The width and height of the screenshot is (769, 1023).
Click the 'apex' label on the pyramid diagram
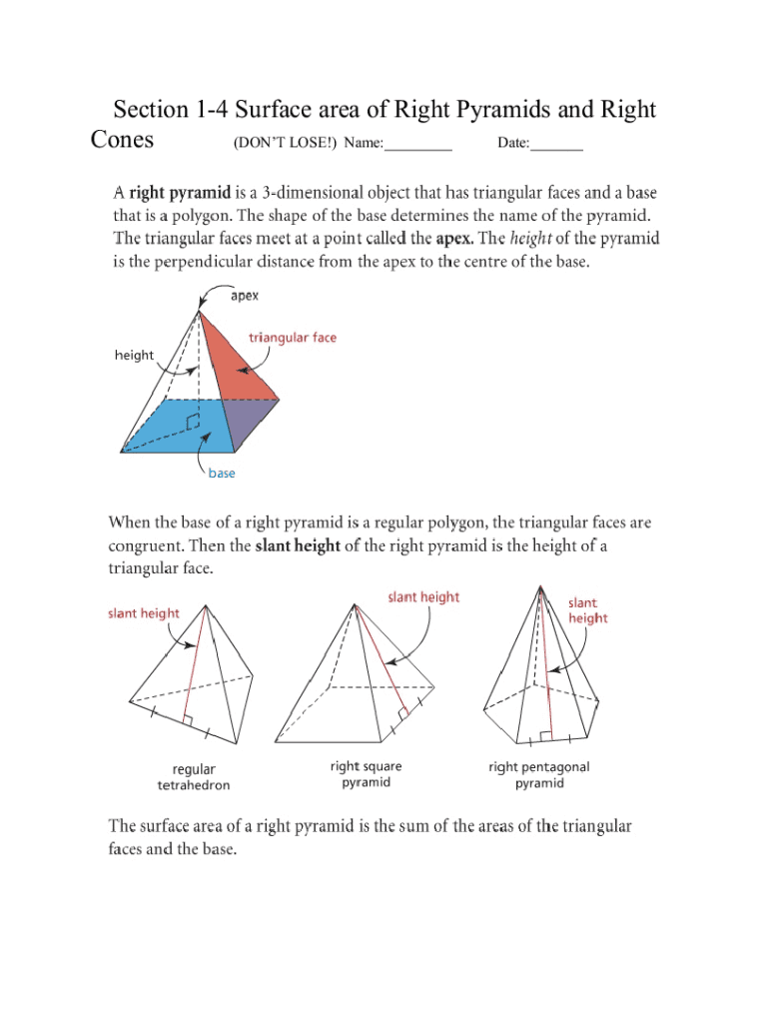[245, 296]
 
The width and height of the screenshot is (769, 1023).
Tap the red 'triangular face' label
[293, 338]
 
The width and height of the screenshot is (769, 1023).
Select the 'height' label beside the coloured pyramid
[134, 355]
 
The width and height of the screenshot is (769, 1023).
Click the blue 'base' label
[222, 473]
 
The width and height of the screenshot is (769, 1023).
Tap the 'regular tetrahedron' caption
[193, 777]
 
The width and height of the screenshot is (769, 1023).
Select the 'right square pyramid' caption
[367, 774]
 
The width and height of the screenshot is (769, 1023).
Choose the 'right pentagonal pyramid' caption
[539, 774]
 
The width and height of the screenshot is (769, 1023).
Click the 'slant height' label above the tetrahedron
[144, 613]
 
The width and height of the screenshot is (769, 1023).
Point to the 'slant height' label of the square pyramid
[423, 597]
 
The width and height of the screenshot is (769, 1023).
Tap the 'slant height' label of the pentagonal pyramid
[587, 610]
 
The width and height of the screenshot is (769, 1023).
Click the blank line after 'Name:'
[418, 144]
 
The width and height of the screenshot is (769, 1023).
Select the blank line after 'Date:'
[556, 144]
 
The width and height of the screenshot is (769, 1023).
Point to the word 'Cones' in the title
[122, 139]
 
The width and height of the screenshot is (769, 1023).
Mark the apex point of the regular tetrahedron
[205, 604]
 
